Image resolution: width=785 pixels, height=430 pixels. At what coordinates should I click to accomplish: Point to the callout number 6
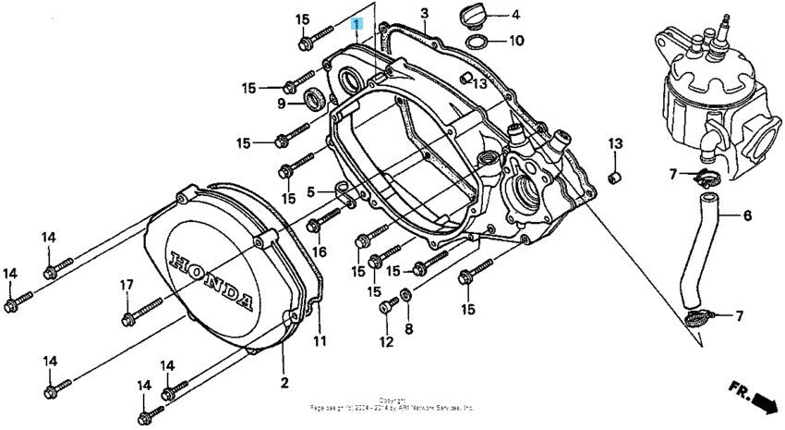pos(746,216)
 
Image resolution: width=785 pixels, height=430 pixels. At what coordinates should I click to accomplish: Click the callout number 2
pos(284,382)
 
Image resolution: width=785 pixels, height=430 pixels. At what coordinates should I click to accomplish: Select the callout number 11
pos(320,342)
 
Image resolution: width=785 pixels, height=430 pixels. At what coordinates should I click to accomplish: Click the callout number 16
pos(320,251)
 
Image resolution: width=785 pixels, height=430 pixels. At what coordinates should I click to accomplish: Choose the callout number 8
pos(409,328)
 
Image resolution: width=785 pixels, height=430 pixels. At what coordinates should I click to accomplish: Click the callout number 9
pos(282,104)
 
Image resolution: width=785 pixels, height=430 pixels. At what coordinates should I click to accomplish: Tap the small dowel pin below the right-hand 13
pos(615,176)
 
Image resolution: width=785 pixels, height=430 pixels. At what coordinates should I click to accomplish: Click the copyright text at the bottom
pos(392,404)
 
